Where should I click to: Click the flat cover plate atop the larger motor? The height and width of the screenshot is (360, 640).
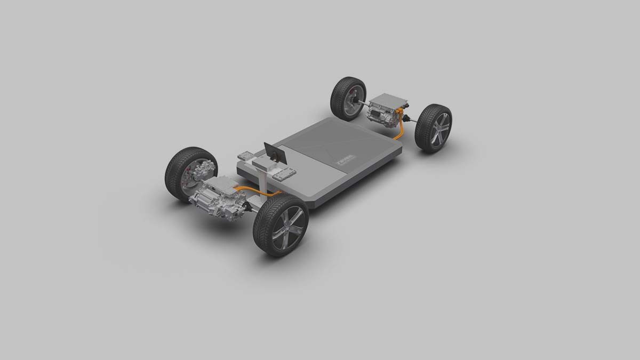tap(220, 184)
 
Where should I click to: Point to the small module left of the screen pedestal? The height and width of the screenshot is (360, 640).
tap(245, 155)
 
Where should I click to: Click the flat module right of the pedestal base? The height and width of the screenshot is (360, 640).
tap(284, 173)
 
